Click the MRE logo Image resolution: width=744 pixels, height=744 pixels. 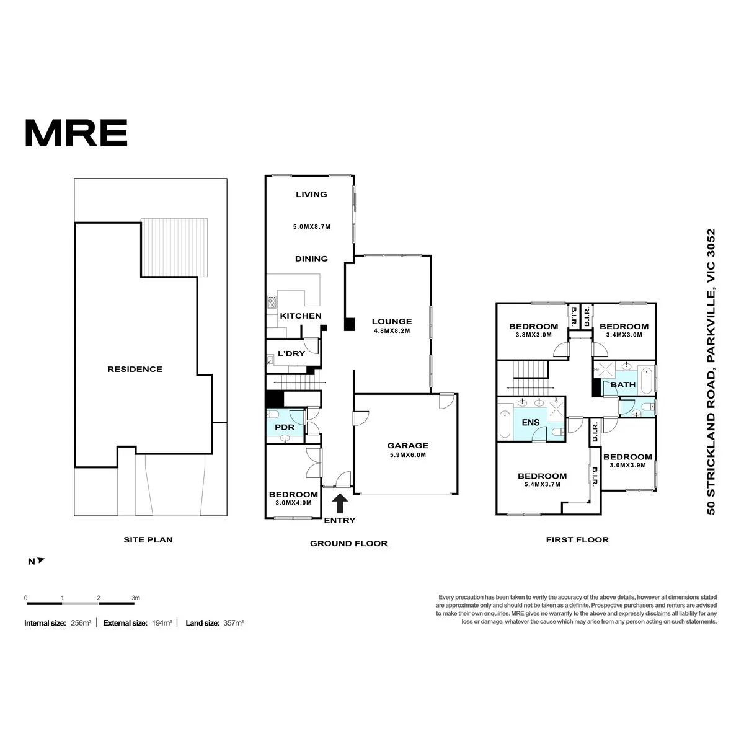[76, 133]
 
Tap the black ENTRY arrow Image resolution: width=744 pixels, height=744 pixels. [340, 503]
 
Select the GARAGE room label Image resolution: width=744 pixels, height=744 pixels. [408, 445]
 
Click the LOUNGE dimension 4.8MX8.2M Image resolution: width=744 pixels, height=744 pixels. [392, 331]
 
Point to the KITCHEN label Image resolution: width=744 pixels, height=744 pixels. [300, 316]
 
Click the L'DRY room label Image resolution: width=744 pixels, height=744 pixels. [291, 353]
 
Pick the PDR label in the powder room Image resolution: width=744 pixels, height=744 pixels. [285, 427]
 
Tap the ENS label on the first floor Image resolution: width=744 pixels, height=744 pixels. [531, 422]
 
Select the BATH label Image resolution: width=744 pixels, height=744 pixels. [622, 384]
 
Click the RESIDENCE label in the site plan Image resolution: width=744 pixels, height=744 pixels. [135, 369]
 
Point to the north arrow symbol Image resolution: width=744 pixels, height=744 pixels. [40, 560]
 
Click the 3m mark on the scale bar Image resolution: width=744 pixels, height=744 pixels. [136, 598]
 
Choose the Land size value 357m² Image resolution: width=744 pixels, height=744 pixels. [234, 622]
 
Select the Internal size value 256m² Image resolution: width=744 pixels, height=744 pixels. [81, 622]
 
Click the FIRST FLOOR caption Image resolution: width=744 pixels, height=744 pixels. [577, 540]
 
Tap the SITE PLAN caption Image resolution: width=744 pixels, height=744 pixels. [148, 540]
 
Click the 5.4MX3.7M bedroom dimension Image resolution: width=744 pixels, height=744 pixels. [542, 484]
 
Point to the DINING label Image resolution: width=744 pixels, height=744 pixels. [311, 259]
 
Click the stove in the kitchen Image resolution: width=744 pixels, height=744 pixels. [272, 302]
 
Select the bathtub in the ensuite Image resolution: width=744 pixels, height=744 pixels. [504, 424]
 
